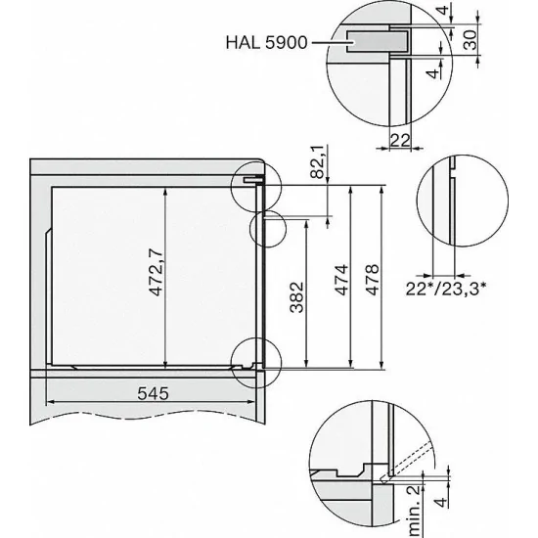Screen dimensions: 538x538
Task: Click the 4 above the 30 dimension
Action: (x=470, y=13)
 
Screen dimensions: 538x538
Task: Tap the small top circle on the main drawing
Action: (x=249, y=185)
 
